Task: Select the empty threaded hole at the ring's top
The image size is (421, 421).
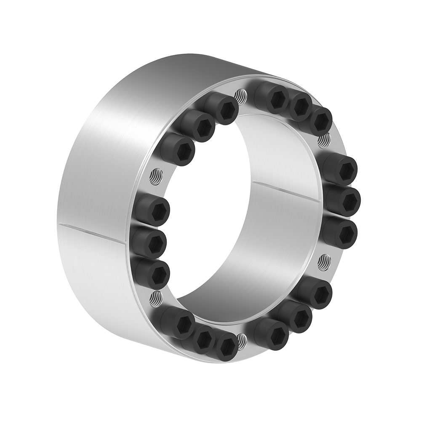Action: pyautogui.click(x=241, y=95)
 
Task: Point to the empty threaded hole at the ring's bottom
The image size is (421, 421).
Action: pyautogui.click(x=241, y=339)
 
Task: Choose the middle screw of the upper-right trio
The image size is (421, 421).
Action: pyautogui.click(x=300, y=107)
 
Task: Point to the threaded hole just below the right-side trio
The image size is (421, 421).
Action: pyautogui.click(x=322, y=262)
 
